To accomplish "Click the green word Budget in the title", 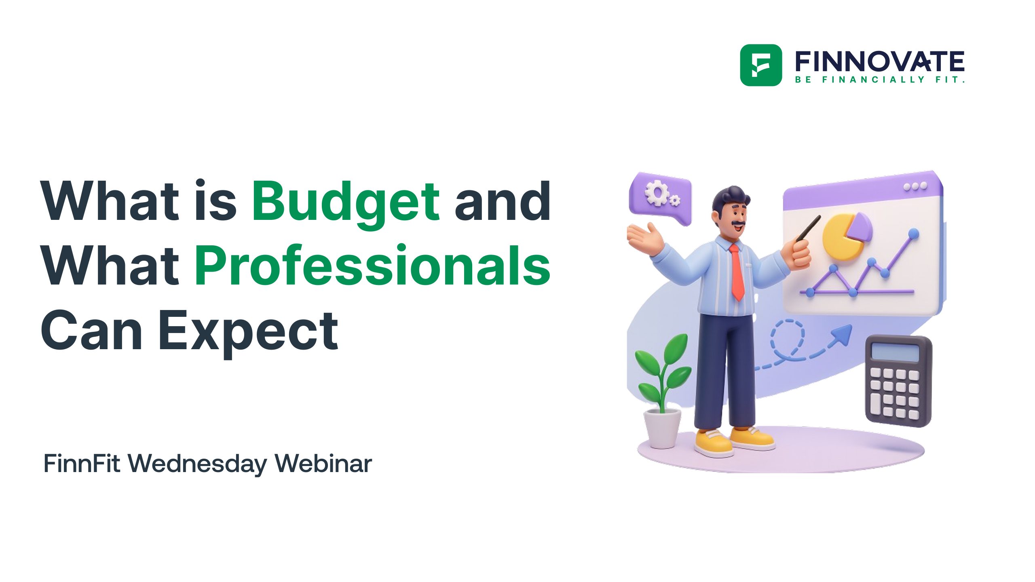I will tap(346, 201).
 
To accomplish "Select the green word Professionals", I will tap(372, 266).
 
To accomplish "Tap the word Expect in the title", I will tap(248, 330).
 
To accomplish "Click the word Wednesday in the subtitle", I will tap(198, 464).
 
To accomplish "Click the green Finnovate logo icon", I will tap(760, 65).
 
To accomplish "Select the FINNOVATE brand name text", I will tap(879, 61).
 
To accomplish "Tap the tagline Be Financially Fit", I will tap(879, 80).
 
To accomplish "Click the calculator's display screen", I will tap(895, 351).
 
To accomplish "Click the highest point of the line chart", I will tap(913, 234).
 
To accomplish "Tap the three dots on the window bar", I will tap(915, 187).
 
